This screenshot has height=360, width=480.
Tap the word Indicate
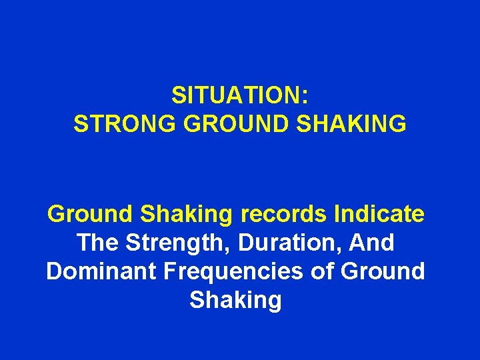pyautogui.click(x=379, y=215)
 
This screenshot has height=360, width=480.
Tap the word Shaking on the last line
pyautogui.click(x=236, y=301)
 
